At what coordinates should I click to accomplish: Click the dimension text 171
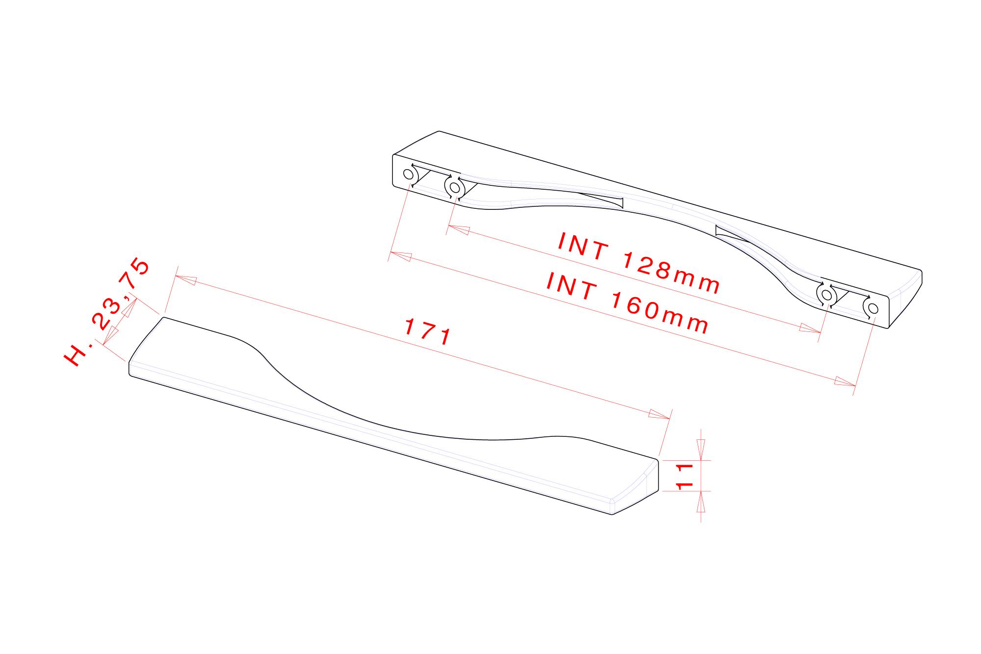tap(428, 332)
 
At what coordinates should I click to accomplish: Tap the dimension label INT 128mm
tap(639, 263)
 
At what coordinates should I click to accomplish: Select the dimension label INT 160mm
tap(627, 303)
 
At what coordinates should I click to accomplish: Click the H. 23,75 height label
tap(107, 312)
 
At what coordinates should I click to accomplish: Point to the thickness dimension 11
tap(685, 476)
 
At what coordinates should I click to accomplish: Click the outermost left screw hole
tap(408, 174)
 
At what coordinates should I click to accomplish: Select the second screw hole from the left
tap(455, 187)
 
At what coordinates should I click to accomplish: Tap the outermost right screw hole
tap(873, 308)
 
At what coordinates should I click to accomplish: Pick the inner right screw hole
tap(826, 295)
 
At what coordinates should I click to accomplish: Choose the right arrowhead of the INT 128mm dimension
tap(809, 329)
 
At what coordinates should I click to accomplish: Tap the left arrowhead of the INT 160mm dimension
tap(401, 256)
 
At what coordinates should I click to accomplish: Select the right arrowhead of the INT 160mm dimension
tap(845, 382)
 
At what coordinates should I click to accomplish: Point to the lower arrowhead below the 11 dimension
tap(701, 502)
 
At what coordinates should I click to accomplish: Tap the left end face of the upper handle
tap(400, 172)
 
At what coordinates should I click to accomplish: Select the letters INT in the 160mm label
tap(571, 286)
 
